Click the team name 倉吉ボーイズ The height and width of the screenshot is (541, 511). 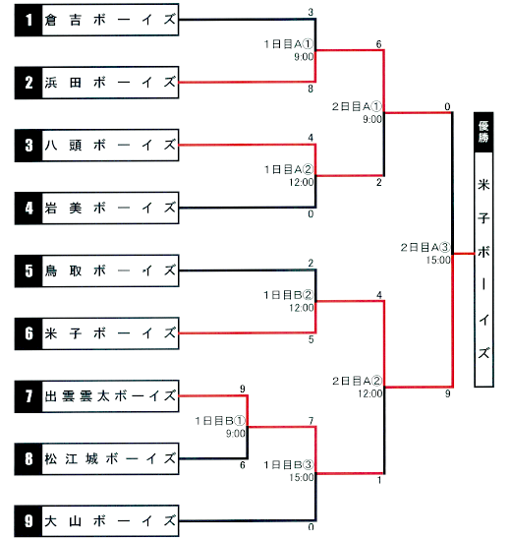[x=110, y=20]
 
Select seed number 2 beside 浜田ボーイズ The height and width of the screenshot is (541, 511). [x=28, y=83]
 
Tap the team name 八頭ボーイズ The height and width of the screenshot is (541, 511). [x=110, y=146]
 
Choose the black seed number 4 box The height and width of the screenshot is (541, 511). [x=28, y=209]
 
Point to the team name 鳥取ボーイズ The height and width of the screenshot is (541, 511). [x=110, y=270]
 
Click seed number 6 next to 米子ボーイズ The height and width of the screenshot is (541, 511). [x=28, y=333]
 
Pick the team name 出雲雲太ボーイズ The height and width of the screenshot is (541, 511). [x=110, y=396]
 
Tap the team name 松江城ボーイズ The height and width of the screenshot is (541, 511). [x=110, y=459]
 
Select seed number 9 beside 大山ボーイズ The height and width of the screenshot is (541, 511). [x=28, y=521]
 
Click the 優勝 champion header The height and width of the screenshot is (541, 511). [x=483, y=132]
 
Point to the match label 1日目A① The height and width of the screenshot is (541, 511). [x=289, y=44]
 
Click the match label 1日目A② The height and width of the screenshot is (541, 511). [x=289, y=169]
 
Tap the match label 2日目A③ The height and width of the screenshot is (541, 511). [x=426, y=247]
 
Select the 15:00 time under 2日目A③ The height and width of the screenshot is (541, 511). [x=438, y=260]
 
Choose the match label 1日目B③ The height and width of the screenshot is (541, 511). [x=289, y=464]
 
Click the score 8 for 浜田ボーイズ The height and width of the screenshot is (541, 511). [x=311, y=89]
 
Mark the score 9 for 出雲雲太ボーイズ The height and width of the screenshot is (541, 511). [x=243, y=389]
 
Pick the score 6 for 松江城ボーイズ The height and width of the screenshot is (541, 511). [x=243, y=465]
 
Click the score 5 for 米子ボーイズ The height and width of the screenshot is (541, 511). [x=311, y=339]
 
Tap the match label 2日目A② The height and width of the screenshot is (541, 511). [x=358, y=381]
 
